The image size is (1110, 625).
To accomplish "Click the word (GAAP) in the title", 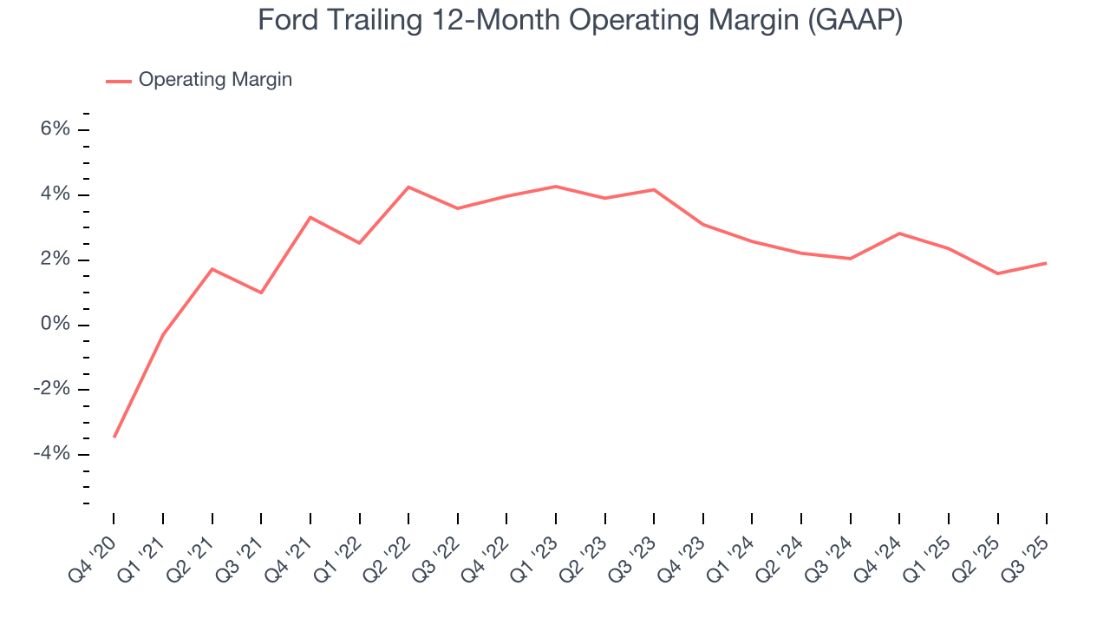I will tap(854, 20).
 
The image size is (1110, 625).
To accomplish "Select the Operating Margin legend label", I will tap(215, 80).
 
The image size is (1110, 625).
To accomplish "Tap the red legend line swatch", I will tap(119, 81).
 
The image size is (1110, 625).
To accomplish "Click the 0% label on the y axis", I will tap(56, 325).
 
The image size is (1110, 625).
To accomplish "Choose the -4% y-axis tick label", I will tap(52, 454).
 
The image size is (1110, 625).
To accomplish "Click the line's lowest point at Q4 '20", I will tap(114, 437).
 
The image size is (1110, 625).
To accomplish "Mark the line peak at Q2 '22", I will tap(408, 187).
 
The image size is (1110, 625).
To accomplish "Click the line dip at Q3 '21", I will tap(261, 293).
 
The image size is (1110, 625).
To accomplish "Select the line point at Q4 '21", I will tap(310, 217).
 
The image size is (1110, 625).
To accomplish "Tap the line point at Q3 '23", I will tap(654, 189).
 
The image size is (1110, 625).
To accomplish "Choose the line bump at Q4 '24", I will tap(899, 234).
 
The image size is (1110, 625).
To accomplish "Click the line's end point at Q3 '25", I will tap(1046, 263).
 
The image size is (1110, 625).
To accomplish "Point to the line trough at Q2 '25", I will tap(997, 273).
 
